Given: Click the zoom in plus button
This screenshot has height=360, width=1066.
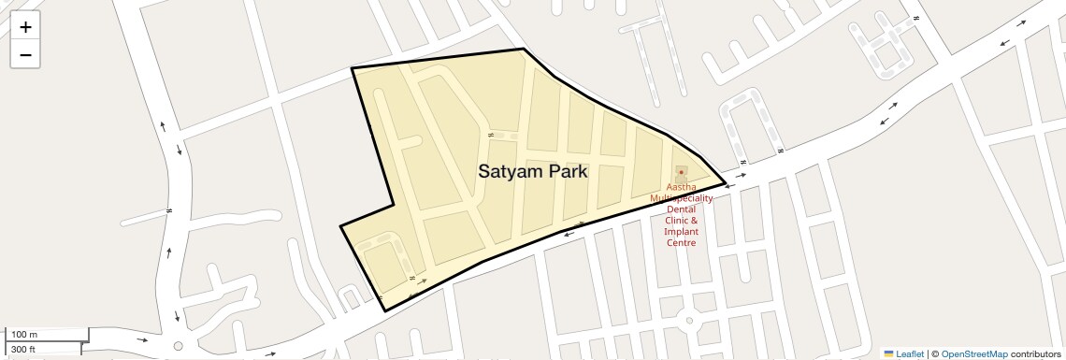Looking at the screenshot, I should (25, 27).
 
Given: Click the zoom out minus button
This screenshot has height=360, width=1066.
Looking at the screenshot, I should (25, 54).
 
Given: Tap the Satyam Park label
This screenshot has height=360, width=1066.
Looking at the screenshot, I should (532, 172).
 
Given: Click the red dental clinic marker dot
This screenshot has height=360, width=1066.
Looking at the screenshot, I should (681, 173).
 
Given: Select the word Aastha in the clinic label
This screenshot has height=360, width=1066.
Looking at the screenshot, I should (681, 187).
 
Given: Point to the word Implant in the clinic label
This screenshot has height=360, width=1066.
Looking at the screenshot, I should (681, 231).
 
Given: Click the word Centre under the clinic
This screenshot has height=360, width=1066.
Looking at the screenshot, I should (681, 242).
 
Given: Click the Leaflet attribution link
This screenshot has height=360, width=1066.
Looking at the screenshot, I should (910, 354).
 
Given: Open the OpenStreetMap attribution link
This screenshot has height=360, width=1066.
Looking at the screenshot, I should (973, 354).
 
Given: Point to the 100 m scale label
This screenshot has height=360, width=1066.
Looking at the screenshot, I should (24, 335).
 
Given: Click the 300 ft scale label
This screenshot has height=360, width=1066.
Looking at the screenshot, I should (23, 350).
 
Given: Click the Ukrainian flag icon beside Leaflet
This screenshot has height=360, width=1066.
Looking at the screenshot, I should (888, 354).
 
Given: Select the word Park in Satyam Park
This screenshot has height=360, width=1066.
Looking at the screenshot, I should (569, 172).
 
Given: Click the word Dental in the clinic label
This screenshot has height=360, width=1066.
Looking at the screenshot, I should (681, 209).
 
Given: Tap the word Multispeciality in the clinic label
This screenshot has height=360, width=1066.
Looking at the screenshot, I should (682, 198).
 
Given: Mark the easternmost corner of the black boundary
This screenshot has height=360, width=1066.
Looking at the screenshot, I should (726, 182).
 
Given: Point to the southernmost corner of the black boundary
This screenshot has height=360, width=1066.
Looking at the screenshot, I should (385, 310).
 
